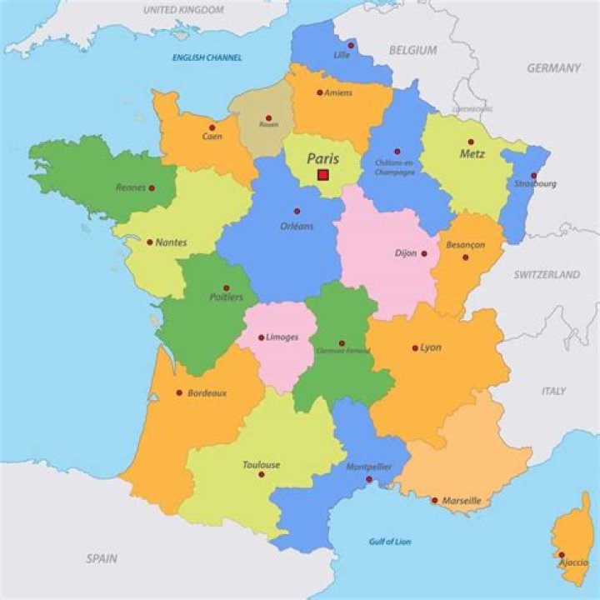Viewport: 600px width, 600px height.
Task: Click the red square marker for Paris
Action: tap(323, 175)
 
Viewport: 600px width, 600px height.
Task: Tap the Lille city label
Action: tap(342, 55)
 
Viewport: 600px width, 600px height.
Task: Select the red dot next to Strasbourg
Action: tap(533, 176)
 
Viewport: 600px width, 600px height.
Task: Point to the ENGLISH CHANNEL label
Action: tap(207, 57)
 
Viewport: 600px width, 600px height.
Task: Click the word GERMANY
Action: tap(553, 68)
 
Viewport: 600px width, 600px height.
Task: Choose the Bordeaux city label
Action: tap(207, 392)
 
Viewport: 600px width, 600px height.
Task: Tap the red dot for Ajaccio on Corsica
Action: tap(562, 554)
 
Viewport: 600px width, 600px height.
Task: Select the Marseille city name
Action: tap(462, 501)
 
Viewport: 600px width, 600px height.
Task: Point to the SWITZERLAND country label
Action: tap(547, 274)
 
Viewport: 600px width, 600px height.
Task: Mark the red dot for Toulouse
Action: tap(262, 474)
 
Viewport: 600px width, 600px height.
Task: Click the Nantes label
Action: tap(172, 242)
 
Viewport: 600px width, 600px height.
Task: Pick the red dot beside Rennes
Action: tap(152, 188)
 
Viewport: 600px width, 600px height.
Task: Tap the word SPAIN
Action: tap(102, 558)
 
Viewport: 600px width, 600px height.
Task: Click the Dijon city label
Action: tap(406, 253)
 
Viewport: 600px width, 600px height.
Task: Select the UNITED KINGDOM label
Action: tap(183, 10)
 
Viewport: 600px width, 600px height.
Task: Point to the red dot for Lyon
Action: tap(415, 347)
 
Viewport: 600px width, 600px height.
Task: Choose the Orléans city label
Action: tap(297, 226)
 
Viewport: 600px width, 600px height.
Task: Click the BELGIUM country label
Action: tap(412, 50)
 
